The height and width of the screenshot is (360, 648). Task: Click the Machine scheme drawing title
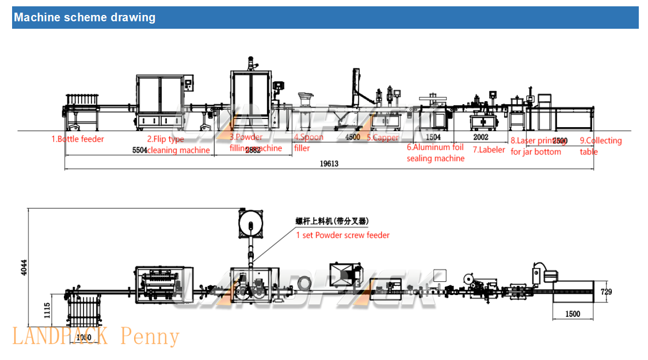pyautogui.click(x=85, y=17)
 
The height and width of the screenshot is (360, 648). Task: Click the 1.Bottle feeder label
pyautogui.click(x=78, y=139)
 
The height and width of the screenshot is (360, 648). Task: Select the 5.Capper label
pyautogui.click(x=383, y=137)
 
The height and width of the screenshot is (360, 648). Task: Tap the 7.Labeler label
pyautogui.click(x=489, y=150)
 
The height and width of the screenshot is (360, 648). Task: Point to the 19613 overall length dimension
pyautogui.click(x=329, y=163)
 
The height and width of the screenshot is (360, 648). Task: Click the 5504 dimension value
pyautogui.click(x=140, y=150)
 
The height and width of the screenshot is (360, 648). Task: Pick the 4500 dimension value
pyautogui.click(x=353, y=137)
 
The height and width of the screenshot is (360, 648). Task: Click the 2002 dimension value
pyautogui.click(x=481, y=137)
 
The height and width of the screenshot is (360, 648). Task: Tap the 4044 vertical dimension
pyautogui.click(x=24, y=268)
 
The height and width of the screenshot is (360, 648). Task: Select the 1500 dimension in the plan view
pyautogui.click(x=572, y=313)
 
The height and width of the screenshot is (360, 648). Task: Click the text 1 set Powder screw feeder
pyautogui.click(x=342, y=235)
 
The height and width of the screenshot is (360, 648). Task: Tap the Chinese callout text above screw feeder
pyautogui.click(x=332, y=221)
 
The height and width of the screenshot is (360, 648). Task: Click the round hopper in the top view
pyautogui.click(x=251, y=224)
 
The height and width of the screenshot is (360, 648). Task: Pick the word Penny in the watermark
pyautogui.click(x=150, y=336)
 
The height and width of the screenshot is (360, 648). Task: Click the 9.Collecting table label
pyautogui.click(x=600, y=146)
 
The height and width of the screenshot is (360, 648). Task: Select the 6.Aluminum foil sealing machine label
pyautogui.click(x=436, y=152)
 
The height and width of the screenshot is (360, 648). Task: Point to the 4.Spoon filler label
pyautogui.click(x=309, y=143)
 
